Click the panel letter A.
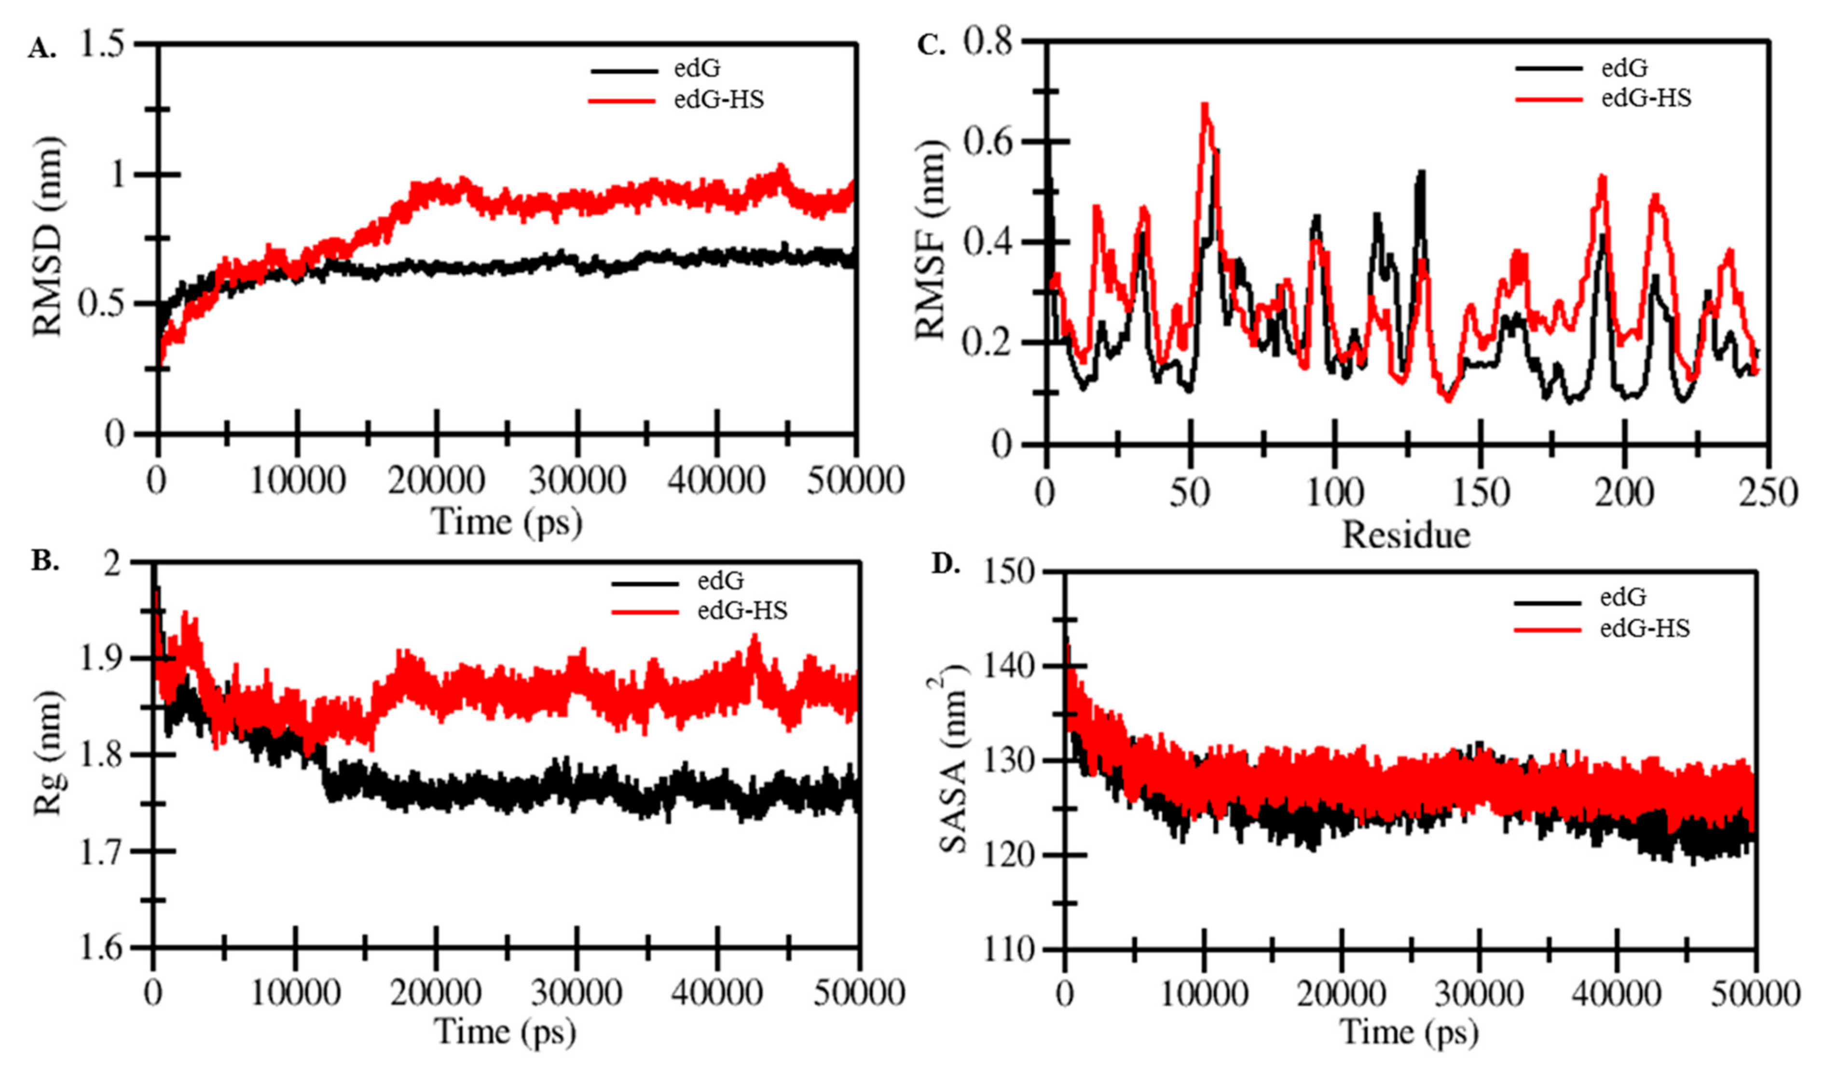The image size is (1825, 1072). click(41, 49)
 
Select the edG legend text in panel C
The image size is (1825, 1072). click(1624, 68)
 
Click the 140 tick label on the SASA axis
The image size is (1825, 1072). click(1005, 666)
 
